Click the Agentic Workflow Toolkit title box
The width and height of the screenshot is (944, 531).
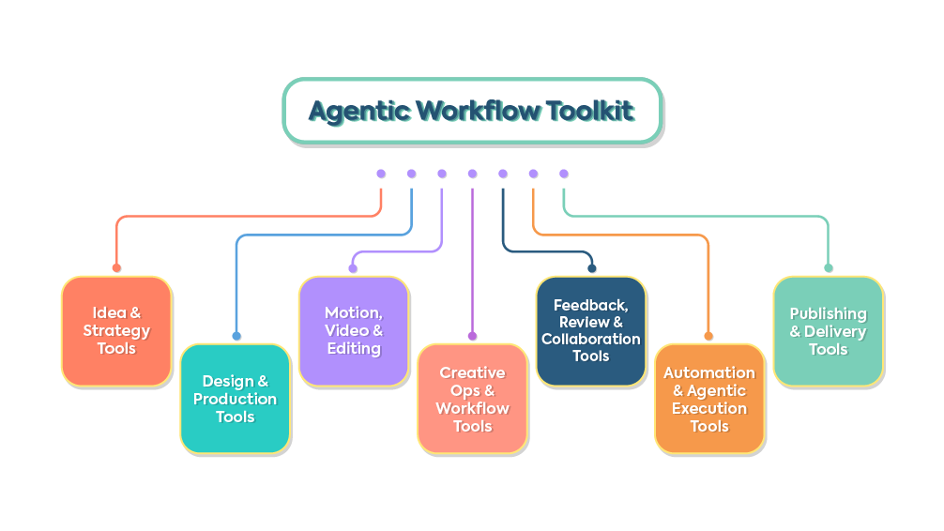472,111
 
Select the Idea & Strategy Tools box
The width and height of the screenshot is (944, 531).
116,330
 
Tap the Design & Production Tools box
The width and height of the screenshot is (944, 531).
236,399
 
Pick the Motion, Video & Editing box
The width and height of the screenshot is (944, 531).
354,330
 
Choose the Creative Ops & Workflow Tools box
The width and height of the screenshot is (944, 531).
472,399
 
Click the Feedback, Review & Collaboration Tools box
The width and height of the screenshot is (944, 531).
591,330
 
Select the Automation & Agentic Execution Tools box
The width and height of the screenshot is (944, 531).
709,399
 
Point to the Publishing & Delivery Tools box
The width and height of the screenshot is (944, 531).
829,330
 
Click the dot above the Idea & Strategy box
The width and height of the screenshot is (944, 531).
116,267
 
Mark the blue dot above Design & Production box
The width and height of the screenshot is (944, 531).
236,336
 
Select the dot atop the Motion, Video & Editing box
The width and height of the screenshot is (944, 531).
353,268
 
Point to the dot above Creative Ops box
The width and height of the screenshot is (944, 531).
472,336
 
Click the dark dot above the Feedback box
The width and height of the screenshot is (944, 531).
591,268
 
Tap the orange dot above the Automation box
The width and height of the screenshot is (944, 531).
708,336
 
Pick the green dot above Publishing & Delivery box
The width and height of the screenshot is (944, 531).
829,268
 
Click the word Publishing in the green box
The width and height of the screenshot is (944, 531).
829,313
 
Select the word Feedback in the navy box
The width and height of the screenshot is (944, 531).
591,305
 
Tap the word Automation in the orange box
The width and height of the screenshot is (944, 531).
709,373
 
